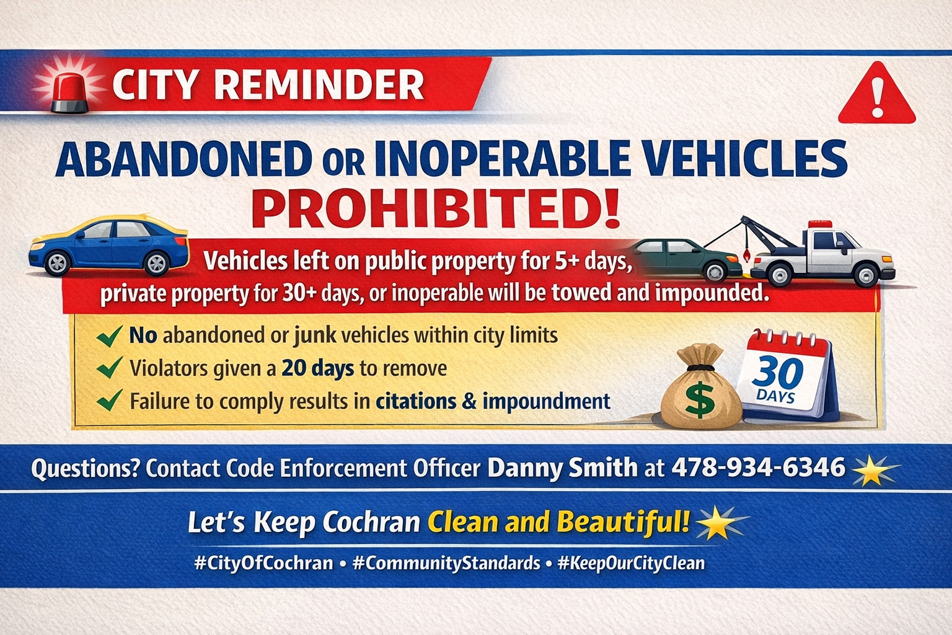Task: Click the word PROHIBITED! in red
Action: tap(436, 210)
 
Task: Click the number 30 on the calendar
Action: tap(778, 372)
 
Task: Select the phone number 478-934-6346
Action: tap(758, 467)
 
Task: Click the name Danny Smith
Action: tap(562, 467)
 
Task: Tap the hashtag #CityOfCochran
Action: tap(263, 563)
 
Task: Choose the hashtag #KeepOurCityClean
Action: tap(631, 563)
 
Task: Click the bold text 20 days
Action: tap(317, 368)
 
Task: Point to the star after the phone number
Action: tap(874, 471)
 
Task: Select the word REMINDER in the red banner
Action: tap(319, 85)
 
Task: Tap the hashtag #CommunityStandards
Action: tap(446, 563)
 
